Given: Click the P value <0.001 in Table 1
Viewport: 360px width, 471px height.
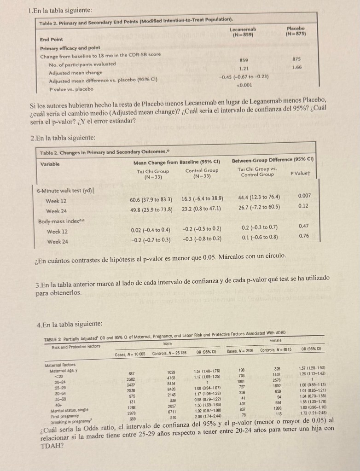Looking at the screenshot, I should coord(244,85).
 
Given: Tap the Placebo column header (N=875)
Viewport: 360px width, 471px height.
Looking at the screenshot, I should coord(295,31).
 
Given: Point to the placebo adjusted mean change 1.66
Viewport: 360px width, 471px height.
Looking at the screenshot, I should coord(296,67).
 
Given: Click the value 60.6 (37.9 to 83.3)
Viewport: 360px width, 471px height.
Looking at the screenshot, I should coord(151,199).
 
